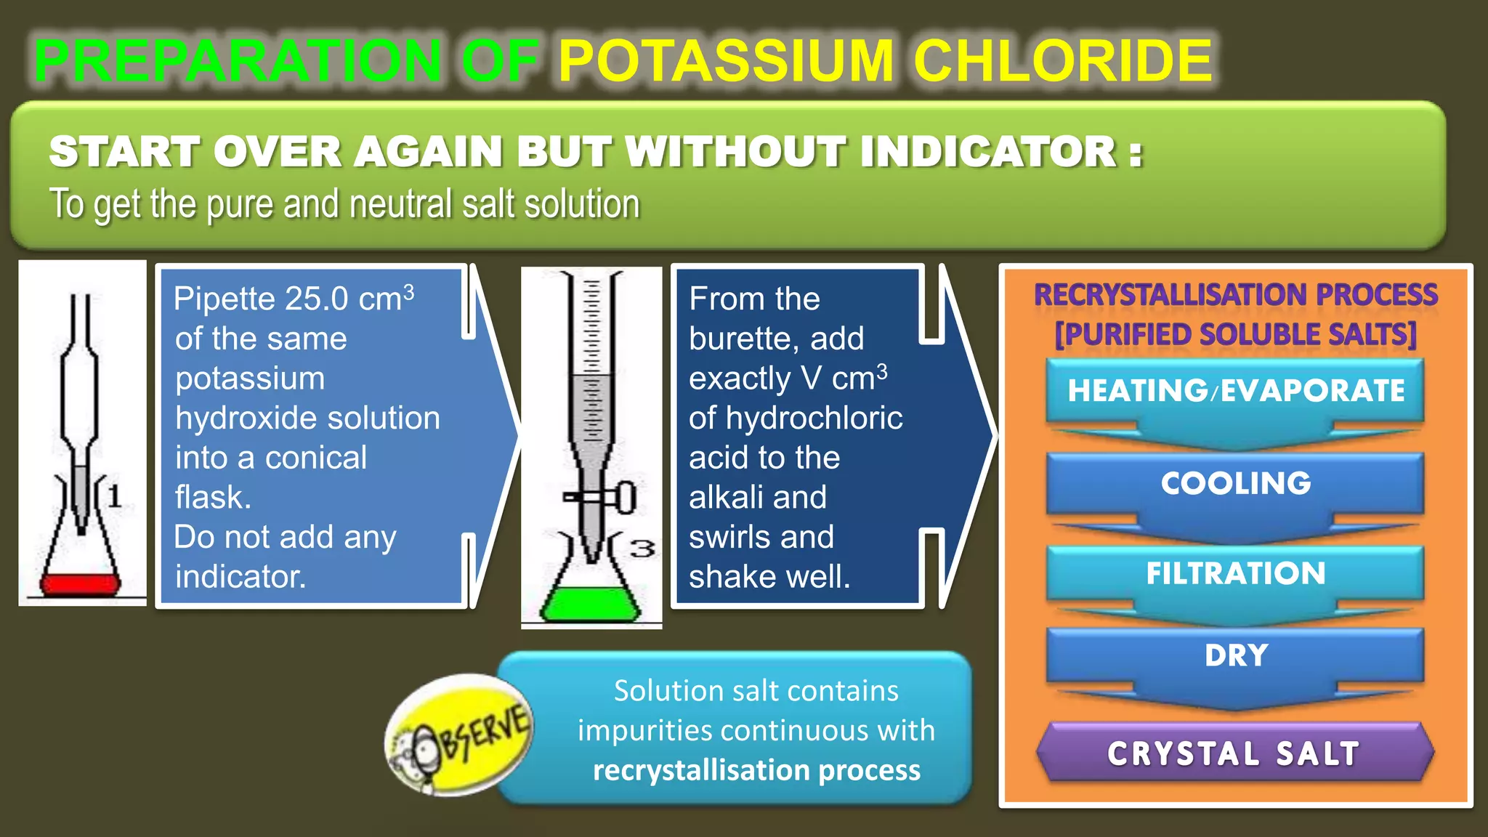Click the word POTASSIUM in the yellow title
click(725, 61)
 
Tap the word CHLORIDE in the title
click(1063, 61)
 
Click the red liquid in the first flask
click(80, 584)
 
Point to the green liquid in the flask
click(590, 604)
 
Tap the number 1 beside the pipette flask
click(114, 497)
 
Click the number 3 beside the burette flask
click(642, 549)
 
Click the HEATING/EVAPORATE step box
click(1235, 391)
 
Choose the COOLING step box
click(1235, 483)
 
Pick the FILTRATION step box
click(1235, 573)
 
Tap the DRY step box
click(1235, 655)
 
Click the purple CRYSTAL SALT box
click(1234, 753)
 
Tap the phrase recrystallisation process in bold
click(756, 770)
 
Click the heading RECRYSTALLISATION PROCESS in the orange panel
click(1235, 295)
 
